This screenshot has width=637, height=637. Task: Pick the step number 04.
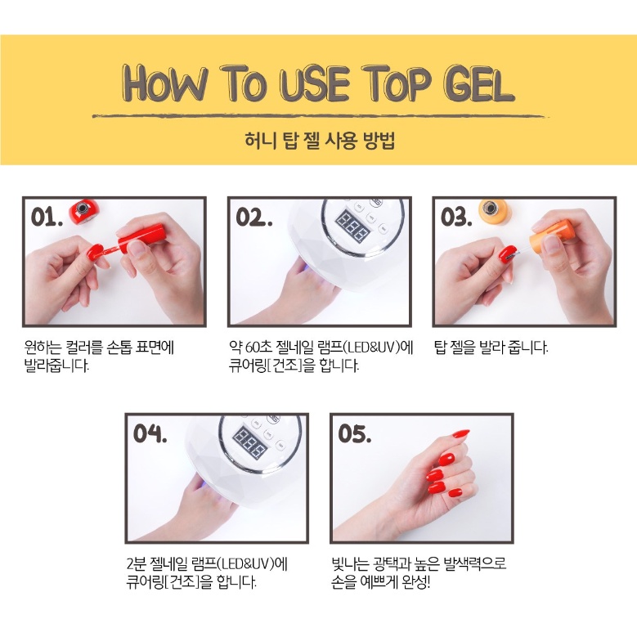pyautogui.click(x=150, y=433)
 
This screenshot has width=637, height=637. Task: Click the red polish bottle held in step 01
pyautogui.click(x=144, y=238)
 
